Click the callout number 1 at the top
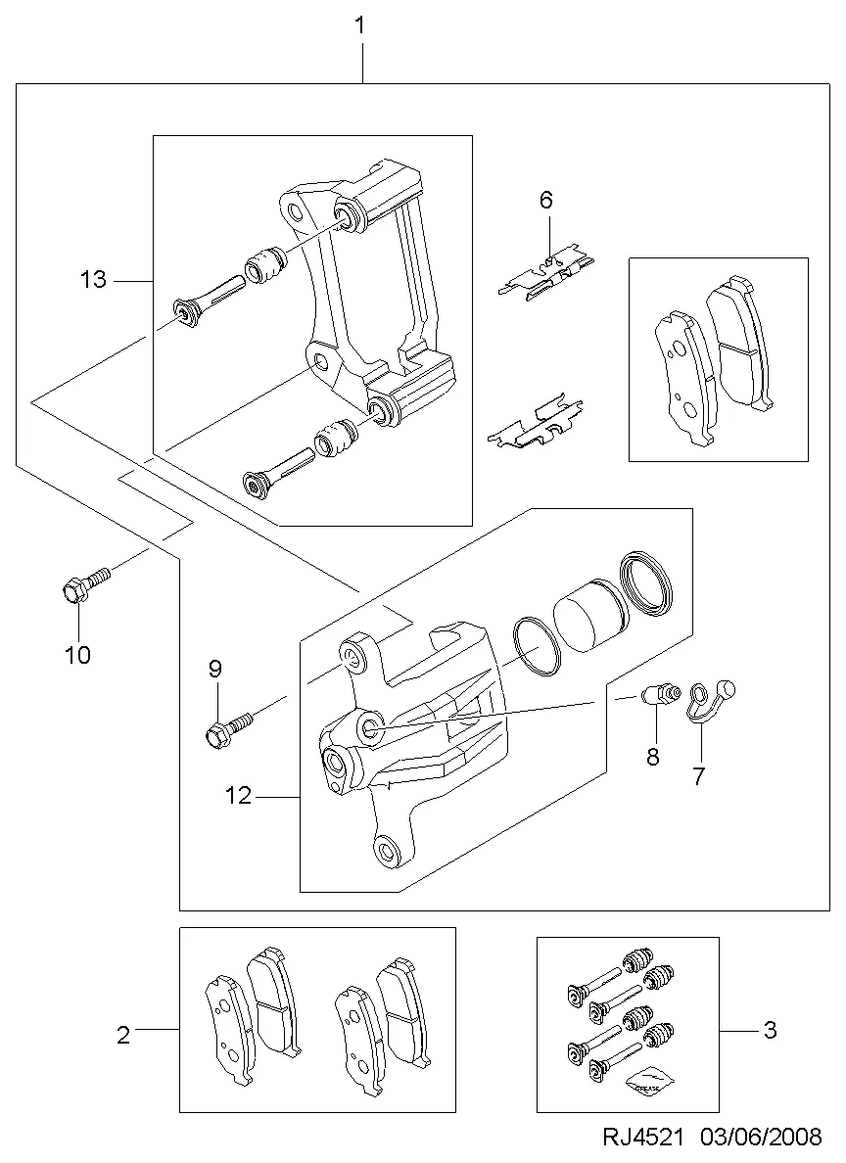tap(360, 26)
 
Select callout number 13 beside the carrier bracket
tap(94, 280)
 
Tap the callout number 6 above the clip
tap(546, 200)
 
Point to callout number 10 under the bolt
tap(78, 655)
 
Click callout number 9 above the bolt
tap(215, 670)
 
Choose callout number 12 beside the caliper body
tap(239, 796)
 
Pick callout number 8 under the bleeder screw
tap(652, 757)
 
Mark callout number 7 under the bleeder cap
tap(698, 776)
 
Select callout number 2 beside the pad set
tap(123, 1035)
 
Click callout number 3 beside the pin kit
tap(771, 1030)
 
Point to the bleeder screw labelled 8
tap(660, 695)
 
